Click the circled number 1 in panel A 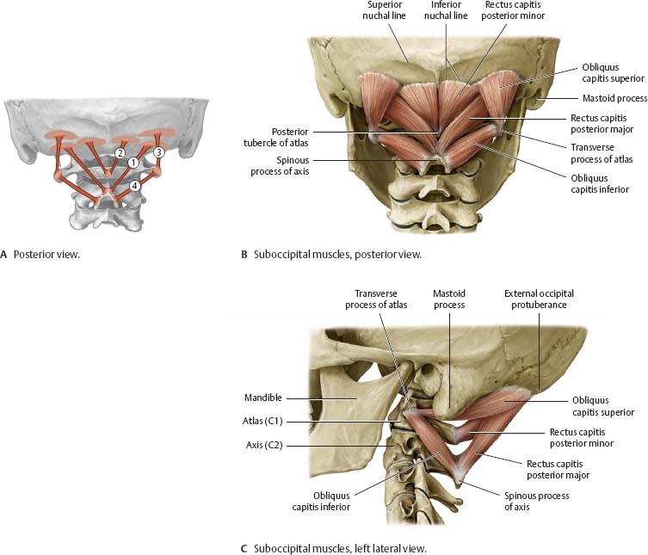pos(133,162)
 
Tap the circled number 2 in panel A pos(120,153)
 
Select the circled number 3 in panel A pos(158,152)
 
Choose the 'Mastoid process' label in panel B pos(614,99)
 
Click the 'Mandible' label pos(263,398)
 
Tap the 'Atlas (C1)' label pos(262,421)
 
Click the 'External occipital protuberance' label pos(539,299)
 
